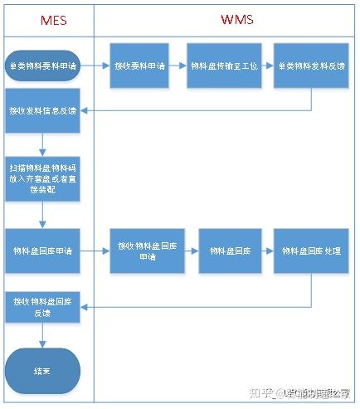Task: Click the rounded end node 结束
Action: (42, 369)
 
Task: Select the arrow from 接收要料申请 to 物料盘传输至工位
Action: (175, 66)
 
